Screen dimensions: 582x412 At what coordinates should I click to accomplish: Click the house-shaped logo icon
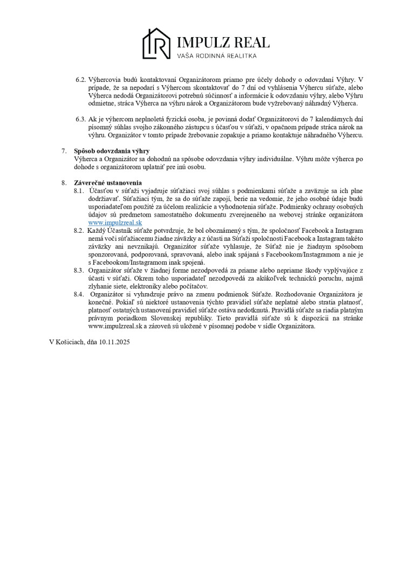(x=156, y=44)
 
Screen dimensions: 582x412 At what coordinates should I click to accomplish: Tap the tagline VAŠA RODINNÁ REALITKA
(x=217, y=56)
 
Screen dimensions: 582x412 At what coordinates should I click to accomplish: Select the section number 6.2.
(x=81, y=79)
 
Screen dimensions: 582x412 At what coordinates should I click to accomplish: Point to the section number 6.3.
(x=81, y=119)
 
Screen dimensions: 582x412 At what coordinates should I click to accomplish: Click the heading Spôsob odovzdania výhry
(x=112, y=151)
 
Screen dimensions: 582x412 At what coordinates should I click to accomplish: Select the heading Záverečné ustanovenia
(x=108, y=183)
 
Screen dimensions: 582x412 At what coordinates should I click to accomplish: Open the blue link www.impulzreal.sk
(x=115, y=223)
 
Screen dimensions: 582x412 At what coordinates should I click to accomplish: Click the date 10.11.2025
(x=114, y=342)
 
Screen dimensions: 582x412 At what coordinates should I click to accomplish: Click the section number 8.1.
(x=79, y=191)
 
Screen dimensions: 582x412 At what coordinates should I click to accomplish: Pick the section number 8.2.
(x=79, y=231)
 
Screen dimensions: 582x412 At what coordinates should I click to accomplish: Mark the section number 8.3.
(x=79, y=271)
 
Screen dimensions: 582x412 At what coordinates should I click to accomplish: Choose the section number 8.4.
(x=79, y=294)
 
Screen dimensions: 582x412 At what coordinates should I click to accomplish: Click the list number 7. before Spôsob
(x=64, y=151)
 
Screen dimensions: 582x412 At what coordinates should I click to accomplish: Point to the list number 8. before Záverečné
(x=64, y=183)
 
